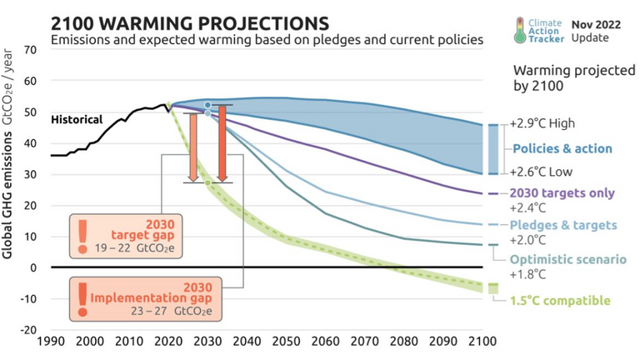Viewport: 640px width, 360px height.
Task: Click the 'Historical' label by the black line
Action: (x=77, y=119)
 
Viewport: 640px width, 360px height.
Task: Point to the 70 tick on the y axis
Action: (x=31, y=50)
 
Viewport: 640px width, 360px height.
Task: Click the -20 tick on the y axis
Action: (x=29, y=329)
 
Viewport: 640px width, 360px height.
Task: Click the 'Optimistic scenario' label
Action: (x=567, y=259)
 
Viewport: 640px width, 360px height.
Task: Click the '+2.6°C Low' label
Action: (x=542, y=172)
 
